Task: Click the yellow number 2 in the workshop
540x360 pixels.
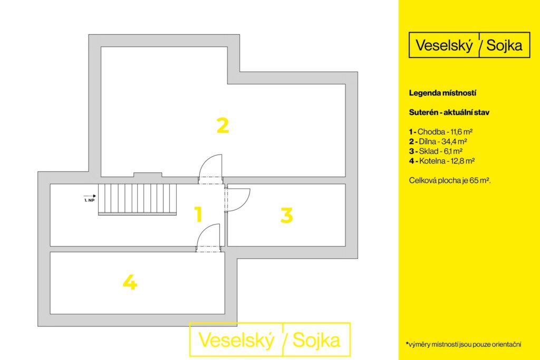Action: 223,125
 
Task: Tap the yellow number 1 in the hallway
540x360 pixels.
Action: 198,214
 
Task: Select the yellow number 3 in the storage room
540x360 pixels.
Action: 286,215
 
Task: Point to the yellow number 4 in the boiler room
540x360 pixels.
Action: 130,282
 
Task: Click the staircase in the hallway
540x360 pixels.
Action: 138,199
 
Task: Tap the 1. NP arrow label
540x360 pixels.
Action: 90,198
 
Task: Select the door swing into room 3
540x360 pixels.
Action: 238,200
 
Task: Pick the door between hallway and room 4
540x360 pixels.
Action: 208,238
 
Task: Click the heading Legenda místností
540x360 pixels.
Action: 442,93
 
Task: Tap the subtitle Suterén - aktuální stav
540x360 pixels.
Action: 449,112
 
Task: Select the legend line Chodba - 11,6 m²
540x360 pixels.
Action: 441,131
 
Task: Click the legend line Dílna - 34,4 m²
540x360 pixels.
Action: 438,141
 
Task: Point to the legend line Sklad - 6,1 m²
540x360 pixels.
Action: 436,151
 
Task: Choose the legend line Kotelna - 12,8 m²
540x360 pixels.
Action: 442,161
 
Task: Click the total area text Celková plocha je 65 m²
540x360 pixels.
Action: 450,180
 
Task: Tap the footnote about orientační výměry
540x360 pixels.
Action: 464,344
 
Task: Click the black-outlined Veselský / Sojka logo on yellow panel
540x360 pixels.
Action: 469,45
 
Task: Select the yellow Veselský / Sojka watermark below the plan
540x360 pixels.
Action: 270,339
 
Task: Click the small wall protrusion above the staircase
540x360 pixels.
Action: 148,174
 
